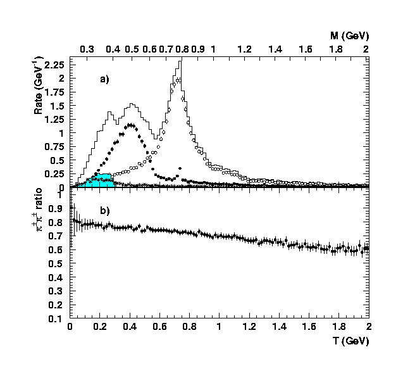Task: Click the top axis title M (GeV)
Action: coord(350,35)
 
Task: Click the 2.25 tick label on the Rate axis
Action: coord(55,65)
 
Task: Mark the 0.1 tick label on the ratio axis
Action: coord(58,318)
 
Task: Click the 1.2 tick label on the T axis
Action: coord(248,327)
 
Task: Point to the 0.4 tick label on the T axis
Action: coord(129,327)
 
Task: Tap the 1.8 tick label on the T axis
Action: coord(338,327)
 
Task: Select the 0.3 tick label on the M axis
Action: coord(87,49)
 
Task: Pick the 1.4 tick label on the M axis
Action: coord(275,49)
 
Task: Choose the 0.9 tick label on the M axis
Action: coord(197,49)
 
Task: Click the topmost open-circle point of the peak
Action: coord(179,80)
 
